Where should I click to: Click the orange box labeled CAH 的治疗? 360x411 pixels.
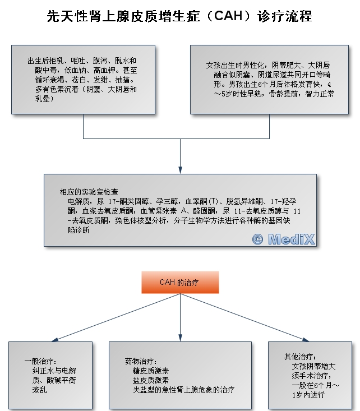click(x=180, y=282)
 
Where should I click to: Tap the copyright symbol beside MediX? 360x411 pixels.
click(x=257, y=239)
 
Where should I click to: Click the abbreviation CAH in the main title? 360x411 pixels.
click(x=228, y=16)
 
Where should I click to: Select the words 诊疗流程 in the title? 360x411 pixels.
click(x=285, y=16)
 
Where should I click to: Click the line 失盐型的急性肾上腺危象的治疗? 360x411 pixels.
click(x=183, y=390)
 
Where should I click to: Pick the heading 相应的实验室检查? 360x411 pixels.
click(x=89, y=192)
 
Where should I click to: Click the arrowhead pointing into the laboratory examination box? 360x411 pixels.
click(x=180, y=170)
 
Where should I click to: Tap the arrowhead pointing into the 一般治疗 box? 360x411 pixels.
click(x=55, y=340)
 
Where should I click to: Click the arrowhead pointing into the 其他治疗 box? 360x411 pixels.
click(x=305, y=340)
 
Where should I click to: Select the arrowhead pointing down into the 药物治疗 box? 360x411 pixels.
click(x=180, y=338)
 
